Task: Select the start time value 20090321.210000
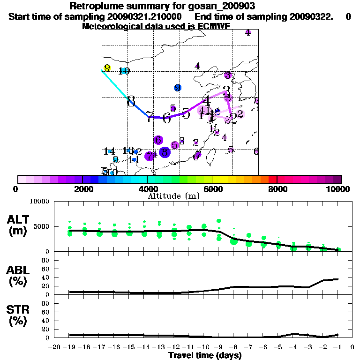pos(148,16)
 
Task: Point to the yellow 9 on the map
pos(107,68)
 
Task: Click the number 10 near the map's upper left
pos(124,71)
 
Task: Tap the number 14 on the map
pos(109,151)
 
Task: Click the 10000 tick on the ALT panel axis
pos(39,202)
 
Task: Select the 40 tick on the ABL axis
pos(46,277)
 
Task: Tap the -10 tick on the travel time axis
pos(204,347)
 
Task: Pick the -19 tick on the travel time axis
pos(69,347)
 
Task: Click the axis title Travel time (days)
pos(205,355)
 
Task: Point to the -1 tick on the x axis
pos(339,347)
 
